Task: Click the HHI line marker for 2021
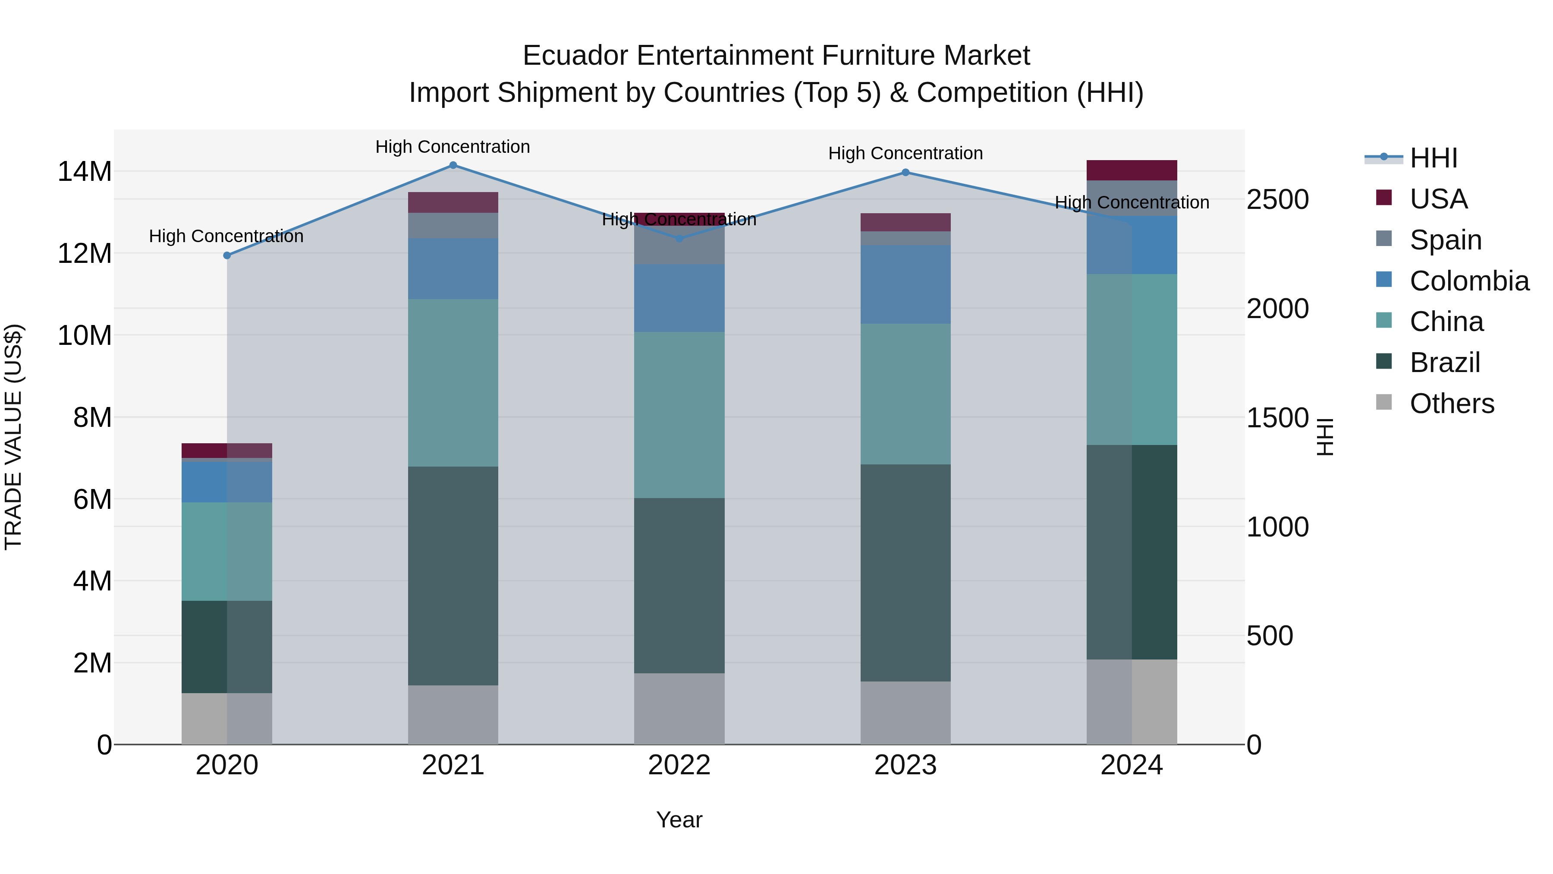tap(453, 165)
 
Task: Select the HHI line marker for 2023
tap(905, 173)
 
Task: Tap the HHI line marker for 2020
tap(226, 256)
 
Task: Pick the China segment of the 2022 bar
tap(679, 415)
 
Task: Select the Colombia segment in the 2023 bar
tap(905, 285)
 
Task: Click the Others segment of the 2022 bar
tap(679, 709)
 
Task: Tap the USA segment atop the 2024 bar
tap(1131, 170)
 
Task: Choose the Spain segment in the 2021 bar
tap(453, 226)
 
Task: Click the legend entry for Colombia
tap(1468, 281)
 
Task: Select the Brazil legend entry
tap(1444, 363)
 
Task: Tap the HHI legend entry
tap(1433, 158)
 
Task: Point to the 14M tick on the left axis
tap(85, 172)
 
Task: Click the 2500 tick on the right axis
tap(1277, 200)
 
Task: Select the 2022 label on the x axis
tap(679, 765)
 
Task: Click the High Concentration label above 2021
tap(453, 147)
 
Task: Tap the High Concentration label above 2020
tap(226, 237)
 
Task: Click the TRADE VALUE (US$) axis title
tap(14, 437)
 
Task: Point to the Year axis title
tap(679, 820)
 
